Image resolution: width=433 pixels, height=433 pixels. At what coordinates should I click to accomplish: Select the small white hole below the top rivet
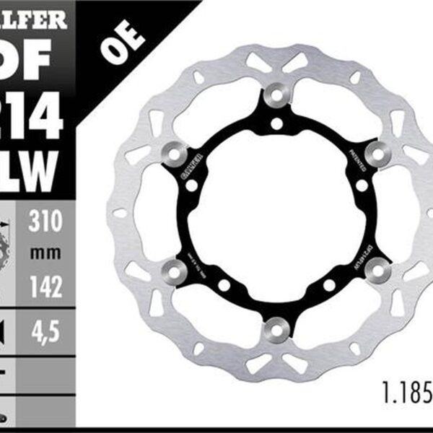click(276, 124)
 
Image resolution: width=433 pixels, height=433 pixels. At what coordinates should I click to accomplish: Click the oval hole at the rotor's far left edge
click(120, 214)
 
